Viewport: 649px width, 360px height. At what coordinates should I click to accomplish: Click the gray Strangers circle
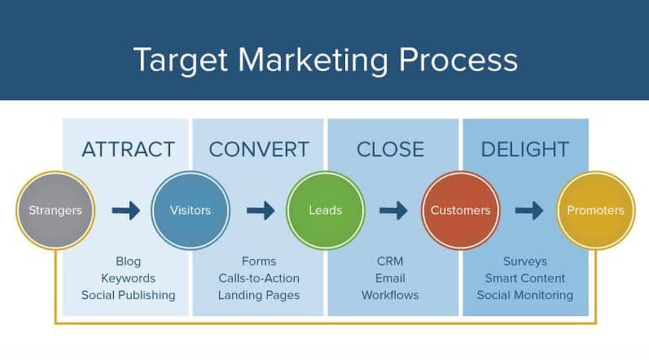[x=55, y=210]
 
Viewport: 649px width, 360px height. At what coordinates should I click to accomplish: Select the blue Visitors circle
[x=190, y=210]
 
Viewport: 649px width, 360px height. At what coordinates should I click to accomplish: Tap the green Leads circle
[x=325, y=210]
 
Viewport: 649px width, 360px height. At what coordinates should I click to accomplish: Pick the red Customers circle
[x=460, y=210]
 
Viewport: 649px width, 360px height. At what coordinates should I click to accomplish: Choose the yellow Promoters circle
[x=595, y=210]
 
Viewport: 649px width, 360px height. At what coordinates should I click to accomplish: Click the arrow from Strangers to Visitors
[x=126, y=210]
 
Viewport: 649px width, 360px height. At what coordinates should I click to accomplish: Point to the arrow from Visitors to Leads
[x=261, y=210]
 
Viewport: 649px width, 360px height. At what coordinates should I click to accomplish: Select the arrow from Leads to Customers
[x=393, y=210]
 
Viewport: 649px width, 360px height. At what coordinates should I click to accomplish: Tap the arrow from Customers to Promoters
[x=529, y=210]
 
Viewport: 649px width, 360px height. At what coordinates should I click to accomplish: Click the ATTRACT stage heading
[x=128, y=150]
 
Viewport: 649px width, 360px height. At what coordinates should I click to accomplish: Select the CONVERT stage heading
[x=259, y=150]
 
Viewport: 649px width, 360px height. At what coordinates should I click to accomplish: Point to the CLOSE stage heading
[x=390, y=150]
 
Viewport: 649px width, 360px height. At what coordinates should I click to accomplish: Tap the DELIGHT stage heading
[x=525, y=150]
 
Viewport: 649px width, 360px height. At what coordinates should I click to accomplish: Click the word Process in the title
[x=458, y=60]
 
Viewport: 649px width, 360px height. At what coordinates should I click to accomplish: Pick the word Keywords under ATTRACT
[x=128, y=278]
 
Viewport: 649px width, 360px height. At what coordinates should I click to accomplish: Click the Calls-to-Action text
[x=259, y=278]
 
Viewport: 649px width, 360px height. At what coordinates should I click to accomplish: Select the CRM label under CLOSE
[x=390, y=261]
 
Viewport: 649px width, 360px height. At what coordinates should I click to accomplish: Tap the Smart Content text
[x=525, y=278]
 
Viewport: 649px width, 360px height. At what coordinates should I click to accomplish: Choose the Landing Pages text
[x=259, y=295]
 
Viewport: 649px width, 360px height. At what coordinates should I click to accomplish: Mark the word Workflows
[x=390, y=295]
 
